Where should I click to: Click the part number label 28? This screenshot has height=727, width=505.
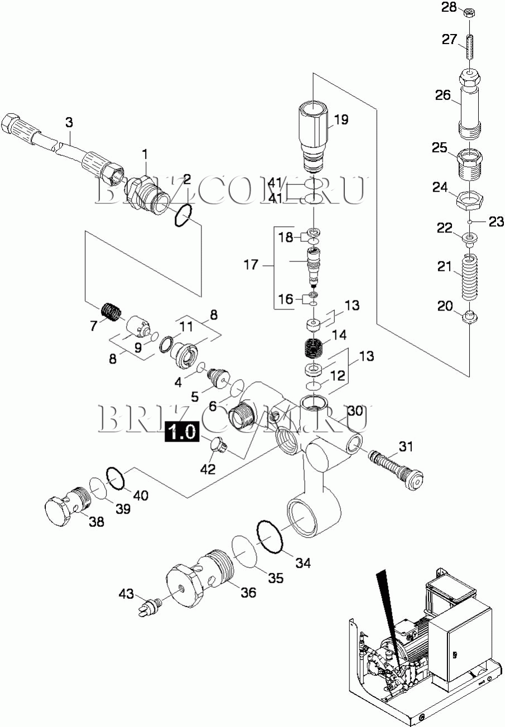pos(449,7)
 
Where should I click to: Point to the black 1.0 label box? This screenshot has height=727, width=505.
pos(181,432)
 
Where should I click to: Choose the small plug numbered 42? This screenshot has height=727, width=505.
pos(218,446)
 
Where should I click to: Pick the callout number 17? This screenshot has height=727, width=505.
pos(251,264)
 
